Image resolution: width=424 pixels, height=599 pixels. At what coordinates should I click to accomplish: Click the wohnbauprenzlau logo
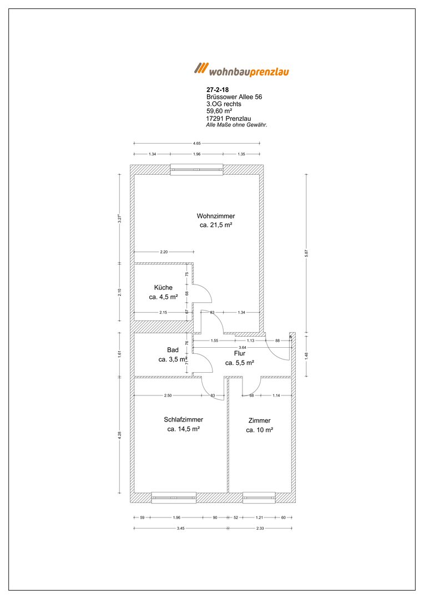[241, 69]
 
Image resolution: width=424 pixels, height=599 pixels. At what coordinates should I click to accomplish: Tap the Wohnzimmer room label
[216, 216]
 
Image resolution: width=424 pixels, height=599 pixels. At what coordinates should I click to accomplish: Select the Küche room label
[163, 288]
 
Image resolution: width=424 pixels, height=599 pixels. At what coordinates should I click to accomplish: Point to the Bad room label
[173, 350]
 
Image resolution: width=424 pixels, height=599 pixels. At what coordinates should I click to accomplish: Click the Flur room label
[240, 354]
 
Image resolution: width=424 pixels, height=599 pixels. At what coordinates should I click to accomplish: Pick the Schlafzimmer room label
[184, 419]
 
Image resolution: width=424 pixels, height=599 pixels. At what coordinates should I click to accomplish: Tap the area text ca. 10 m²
[260, 430]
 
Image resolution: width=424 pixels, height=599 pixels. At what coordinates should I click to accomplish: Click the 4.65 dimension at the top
[197, 143]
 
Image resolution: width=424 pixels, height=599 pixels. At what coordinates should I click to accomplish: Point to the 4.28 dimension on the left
[120, 435]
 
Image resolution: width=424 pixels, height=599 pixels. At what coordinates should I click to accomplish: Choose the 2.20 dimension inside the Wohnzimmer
[164, 252]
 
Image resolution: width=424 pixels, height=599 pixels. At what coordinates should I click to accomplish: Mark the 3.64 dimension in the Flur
[243, 347]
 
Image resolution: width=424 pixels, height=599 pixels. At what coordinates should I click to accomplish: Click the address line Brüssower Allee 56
[234, 97]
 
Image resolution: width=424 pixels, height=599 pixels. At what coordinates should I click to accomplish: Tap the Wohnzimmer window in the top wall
[197, 169]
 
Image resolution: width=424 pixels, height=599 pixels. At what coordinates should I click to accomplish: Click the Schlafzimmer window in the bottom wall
[174, 498]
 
